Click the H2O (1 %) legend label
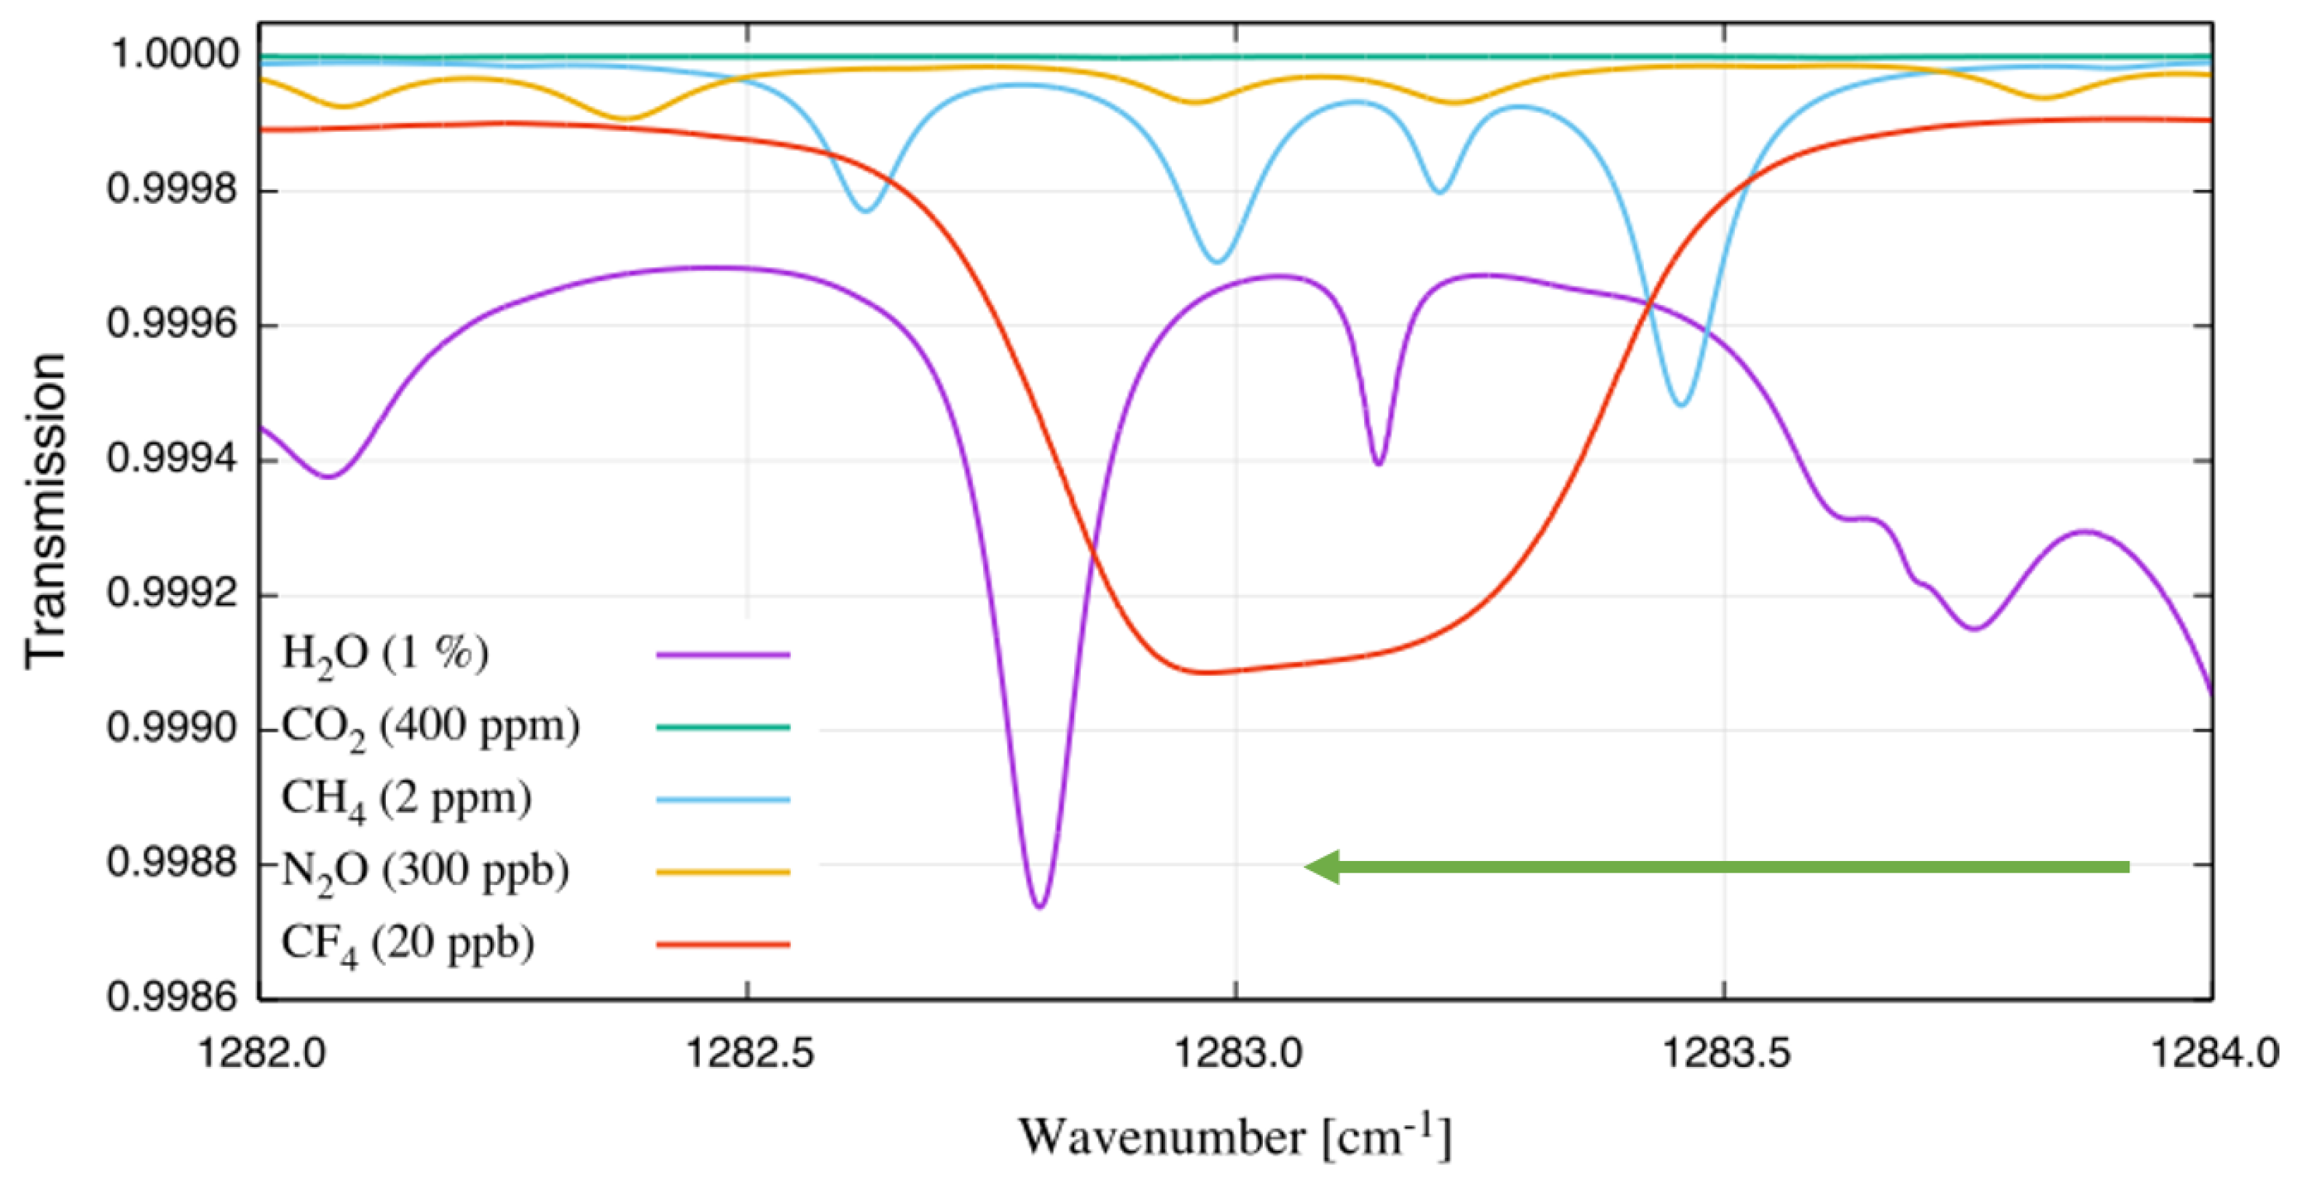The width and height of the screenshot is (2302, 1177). click(385, 654)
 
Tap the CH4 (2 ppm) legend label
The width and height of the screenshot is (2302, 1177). click(406, 799)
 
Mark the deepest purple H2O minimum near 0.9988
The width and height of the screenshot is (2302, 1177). click(1039, 906)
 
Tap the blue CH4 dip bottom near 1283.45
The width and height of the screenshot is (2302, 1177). click(1682, 405)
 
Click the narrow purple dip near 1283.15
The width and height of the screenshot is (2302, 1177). click(1379, 463)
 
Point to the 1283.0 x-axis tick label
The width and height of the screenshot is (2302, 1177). click(1237, 1054)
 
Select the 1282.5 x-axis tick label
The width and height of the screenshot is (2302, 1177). click(749, 1054)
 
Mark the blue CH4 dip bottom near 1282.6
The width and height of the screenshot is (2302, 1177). click(865, 210)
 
